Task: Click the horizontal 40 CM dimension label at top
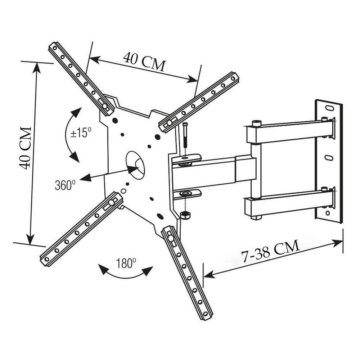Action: point(144,62)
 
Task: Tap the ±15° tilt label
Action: point(81,133)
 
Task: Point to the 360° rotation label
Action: point(65,185)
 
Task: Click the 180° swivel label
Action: point(126,264)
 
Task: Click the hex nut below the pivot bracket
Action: point(185,215)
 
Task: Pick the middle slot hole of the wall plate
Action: point(328,158)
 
